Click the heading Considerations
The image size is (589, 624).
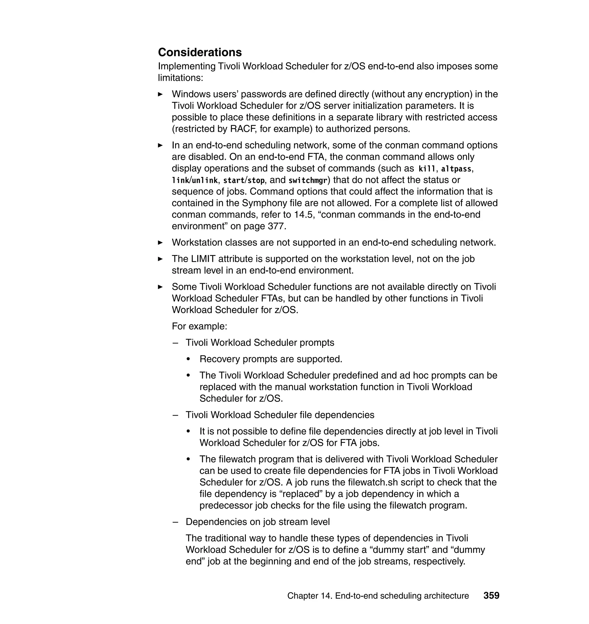tap(200, 52)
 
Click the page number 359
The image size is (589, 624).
tap(491, 596)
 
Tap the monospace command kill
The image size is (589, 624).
tap(427, 169)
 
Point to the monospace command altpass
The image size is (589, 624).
tap(456, 169)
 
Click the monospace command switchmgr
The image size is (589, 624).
tap(308, 180)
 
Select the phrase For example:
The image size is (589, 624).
tap(199, 326)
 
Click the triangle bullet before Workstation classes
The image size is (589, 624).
tap(160, 243)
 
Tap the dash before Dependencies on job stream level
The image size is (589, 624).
tap(175, 522)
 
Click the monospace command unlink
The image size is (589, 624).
tap(205, 180)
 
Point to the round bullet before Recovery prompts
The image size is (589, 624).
tap(188, 359)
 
